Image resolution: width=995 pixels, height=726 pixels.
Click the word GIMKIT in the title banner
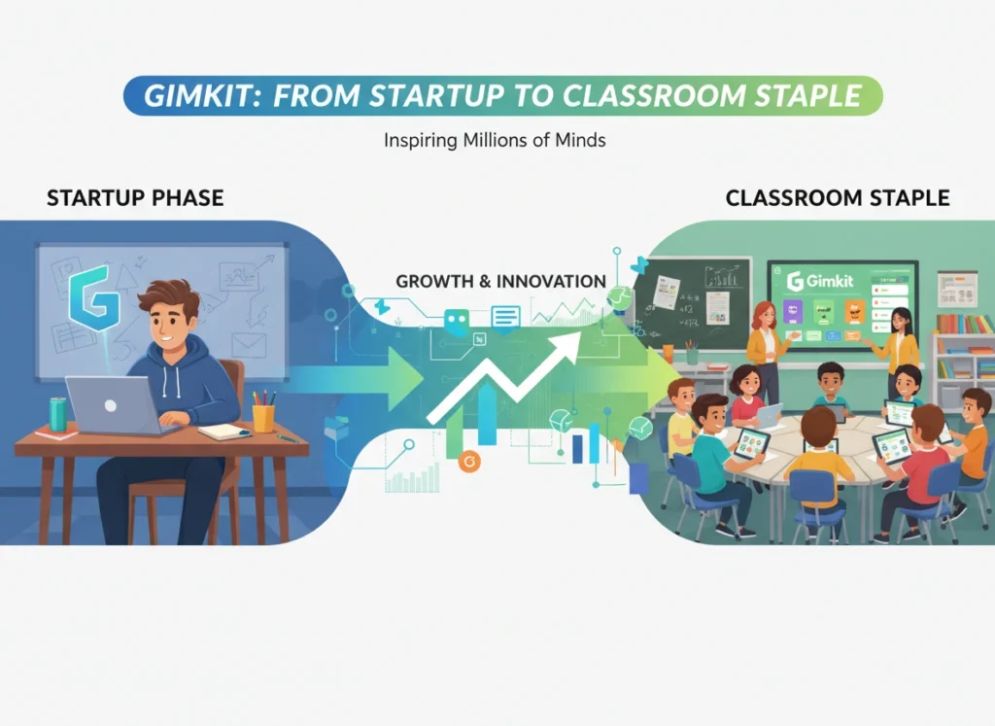coord(205,97)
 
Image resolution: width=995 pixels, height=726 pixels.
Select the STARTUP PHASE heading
coord(135,199)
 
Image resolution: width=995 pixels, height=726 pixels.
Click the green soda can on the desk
coord(57,414)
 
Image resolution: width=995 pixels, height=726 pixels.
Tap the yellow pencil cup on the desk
coord(263,416)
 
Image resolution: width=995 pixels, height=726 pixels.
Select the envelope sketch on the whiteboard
coord(249,343)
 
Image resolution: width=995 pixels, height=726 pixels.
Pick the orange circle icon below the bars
coord(469,461)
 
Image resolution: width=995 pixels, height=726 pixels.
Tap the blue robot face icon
coord(456,321)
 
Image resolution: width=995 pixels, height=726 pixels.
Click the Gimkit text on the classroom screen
coord(835,282)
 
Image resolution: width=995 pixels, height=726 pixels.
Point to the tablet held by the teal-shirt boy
coord(751,444)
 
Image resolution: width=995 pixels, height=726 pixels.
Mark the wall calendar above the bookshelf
coord(956,289)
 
